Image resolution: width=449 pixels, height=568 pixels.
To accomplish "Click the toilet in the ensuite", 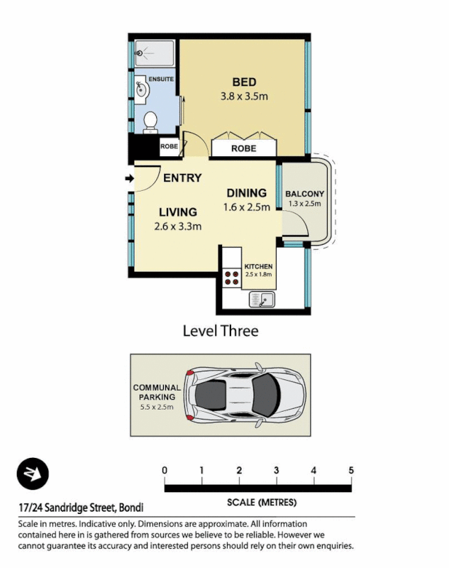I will pos(150,122).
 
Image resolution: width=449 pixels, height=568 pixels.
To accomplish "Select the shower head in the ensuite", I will pos(140,52).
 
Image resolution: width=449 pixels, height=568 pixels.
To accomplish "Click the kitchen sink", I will pos(261,300).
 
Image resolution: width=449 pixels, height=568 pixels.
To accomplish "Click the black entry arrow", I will pos(129,178).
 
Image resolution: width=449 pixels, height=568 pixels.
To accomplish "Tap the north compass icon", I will pos(33,474).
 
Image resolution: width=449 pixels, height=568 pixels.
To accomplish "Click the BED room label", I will pos(244,82).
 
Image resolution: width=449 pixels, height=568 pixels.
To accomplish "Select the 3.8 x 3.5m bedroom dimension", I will pos(244,97).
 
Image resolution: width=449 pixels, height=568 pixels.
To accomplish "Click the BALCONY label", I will pos(304,194).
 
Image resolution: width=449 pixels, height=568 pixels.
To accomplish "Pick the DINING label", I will pos(246,193).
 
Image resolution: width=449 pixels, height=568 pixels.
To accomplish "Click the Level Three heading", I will pos(220,331).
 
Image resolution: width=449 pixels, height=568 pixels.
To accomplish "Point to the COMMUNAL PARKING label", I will pos(157,393).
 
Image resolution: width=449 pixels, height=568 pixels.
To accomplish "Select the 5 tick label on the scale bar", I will pos(351,470).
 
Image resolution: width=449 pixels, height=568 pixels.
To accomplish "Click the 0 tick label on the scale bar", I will pos(165,470).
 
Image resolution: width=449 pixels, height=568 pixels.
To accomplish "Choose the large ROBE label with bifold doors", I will pos(243,149).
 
